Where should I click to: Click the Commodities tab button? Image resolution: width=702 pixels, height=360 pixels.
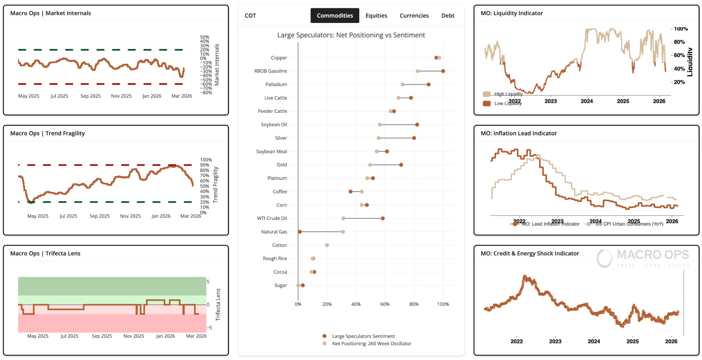pyautogui.click(x=335, y=15)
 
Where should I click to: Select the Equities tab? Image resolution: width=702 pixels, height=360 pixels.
pyautogui.click(x=376, y=15)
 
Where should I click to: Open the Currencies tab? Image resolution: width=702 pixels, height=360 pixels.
pyautogui.click(x=414, y=15)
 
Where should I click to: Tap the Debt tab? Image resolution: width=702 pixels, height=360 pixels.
pyautogui.click(x=448, y=15)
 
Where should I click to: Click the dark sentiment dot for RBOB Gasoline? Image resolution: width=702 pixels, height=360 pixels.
pyautogui.click(x=443, y=71)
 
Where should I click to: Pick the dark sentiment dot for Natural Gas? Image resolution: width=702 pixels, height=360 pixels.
pyautogui.click(x=300, y=232)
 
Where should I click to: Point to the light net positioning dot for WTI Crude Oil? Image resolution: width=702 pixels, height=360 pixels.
pyautogui.click(x=343, y=218)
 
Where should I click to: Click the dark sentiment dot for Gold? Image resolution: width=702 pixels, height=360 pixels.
pyautogui.click(x=401, y=165)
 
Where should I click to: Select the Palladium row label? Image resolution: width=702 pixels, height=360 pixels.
pyautogui.click(x=276, y=84)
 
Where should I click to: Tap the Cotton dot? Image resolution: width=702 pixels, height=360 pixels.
pyautogui.click(x=327, y=245)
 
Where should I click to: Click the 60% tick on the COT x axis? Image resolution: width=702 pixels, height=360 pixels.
pyautogui.click(x=385, y=304)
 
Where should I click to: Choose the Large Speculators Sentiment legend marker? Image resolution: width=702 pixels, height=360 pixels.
pyautogui.click(x=325, y=336)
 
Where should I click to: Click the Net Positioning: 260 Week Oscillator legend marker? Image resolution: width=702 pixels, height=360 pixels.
pyautogui.click(x=325, y=343)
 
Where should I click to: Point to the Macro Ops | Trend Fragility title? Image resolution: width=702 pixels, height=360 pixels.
pyautogui.click(x=47, y=133)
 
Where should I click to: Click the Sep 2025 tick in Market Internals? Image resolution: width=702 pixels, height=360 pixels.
pyautogui.click(x=90, y=96)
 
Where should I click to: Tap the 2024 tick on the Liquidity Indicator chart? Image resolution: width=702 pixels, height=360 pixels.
pyautogui.click(x=587, y=101)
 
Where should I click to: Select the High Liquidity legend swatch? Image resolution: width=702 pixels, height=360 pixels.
pyautogui.click(x=487, y=94)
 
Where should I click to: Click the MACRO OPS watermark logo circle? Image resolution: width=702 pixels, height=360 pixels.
pyautogui.click(x=604, y=258)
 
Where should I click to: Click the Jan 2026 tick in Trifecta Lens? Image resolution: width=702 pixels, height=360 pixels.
pyautogui.click(x=165, y=336)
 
